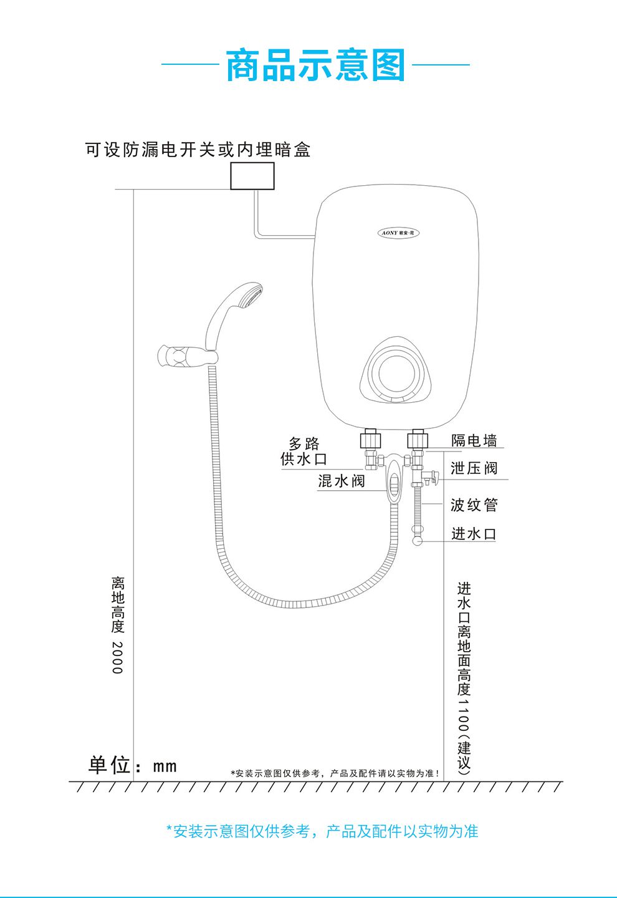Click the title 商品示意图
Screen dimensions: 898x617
tap(315, 65)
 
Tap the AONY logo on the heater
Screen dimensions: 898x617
tap(399, 233)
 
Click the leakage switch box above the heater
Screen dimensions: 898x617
tap(252, 176)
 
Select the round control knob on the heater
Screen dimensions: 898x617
tap(395, 372)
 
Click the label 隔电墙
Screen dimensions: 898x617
tap(474, 441)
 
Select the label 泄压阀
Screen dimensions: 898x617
tap(474, 468)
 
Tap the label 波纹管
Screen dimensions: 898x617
tap(474, 505)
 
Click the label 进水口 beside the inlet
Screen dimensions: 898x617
tap(474, 534)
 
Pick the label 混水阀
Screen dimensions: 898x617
tap(341, 481)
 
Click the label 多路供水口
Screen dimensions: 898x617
tap(304, 451)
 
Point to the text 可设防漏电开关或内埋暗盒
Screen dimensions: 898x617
tap(198, 150)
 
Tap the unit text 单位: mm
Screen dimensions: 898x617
tap(133, 765)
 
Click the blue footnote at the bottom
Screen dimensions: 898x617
tap(322, 831)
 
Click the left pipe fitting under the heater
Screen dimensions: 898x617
tap(370, 439)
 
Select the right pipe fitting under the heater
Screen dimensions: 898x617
tap(418, 439)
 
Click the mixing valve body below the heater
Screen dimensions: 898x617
tap(394, 480)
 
